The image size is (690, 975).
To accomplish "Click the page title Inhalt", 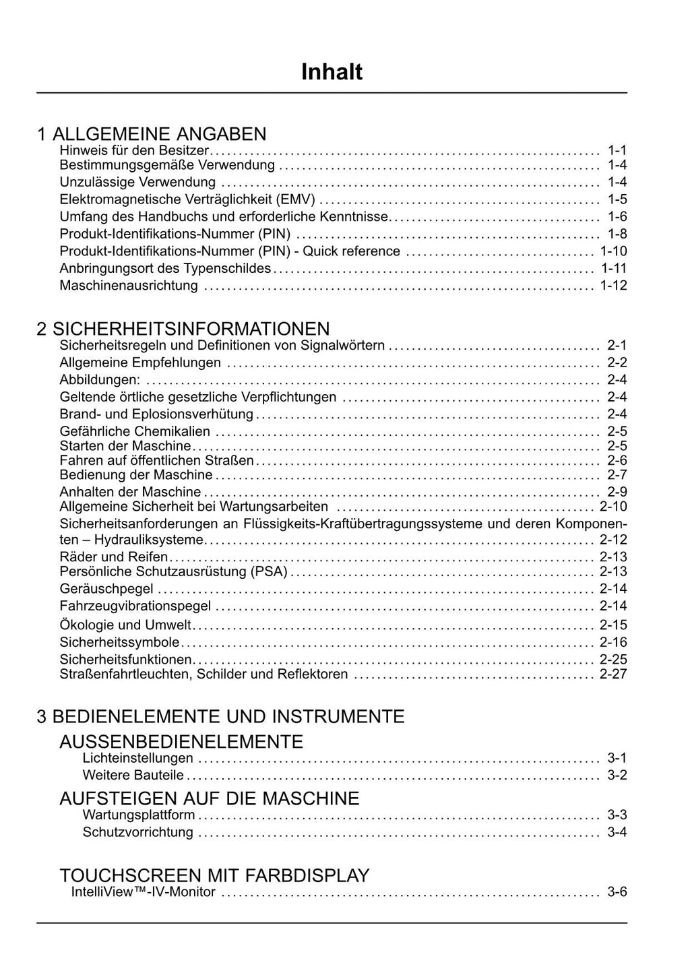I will pyautogui.click(x=332, y=72).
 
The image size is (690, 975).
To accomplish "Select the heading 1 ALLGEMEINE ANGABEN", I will pyautogui.click(x=152, y=134).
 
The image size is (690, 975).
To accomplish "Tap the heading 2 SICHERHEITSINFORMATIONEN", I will pyautogui.click(x=183, y=329).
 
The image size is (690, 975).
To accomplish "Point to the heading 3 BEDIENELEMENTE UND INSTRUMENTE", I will pyautogui.click(x=220, y=716).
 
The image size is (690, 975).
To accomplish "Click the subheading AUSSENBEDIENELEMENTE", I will pyautogui.click(x=181, y=742).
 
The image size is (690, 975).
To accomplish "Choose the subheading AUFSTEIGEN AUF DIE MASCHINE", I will pyautogui.click(x=210, y=798).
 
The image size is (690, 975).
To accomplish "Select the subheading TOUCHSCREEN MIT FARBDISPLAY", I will pyautogui.click(x=214, y=875).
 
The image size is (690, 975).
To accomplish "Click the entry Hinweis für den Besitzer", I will pyautogui.click(x=135, y=150).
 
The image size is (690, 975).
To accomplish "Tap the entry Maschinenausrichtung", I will pyautogui.click(x=129, y=286).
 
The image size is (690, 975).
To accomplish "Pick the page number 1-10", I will pyautogui.click(x=613, y=251).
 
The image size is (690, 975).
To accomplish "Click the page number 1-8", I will pyautogui.click(x=617, y=234).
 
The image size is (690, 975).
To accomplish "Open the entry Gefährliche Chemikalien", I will pyautogui.click(x=135, y=431).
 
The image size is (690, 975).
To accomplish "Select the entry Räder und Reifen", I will pyautogui.click(x=114, y=557).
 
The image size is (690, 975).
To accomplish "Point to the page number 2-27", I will pyautogui.click(x=613, y=674).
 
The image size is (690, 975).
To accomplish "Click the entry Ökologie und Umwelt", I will pyautogui.click(x=125, y=625).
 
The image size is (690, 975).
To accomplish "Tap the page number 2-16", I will pyautogui.click(x=613, y=642).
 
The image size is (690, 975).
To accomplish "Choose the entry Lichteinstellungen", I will pyautogui.click(x=137, y=758).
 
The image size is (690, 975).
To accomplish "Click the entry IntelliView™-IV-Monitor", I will pyautogui.click(x=144, y=892).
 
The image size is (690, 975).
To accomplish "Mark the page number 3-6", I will pyautogui.click(x=617, y=892).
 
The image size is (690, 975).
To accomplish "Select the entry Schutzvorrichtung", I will pyautogui.click(x=137, y=832).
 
